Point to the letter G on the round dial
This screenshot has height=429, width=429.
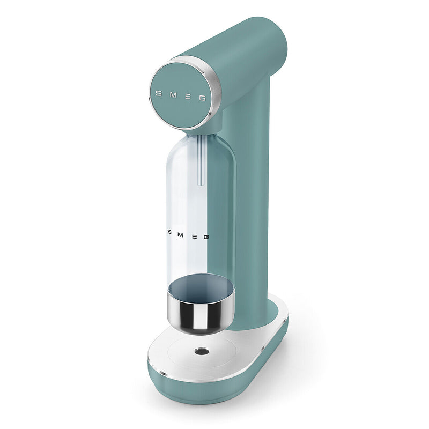pos(202,98)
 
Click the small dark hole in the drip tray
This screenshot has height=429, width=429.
pos(202,351)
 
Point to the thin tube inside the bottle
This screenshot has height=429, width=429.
pos(201,161)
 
